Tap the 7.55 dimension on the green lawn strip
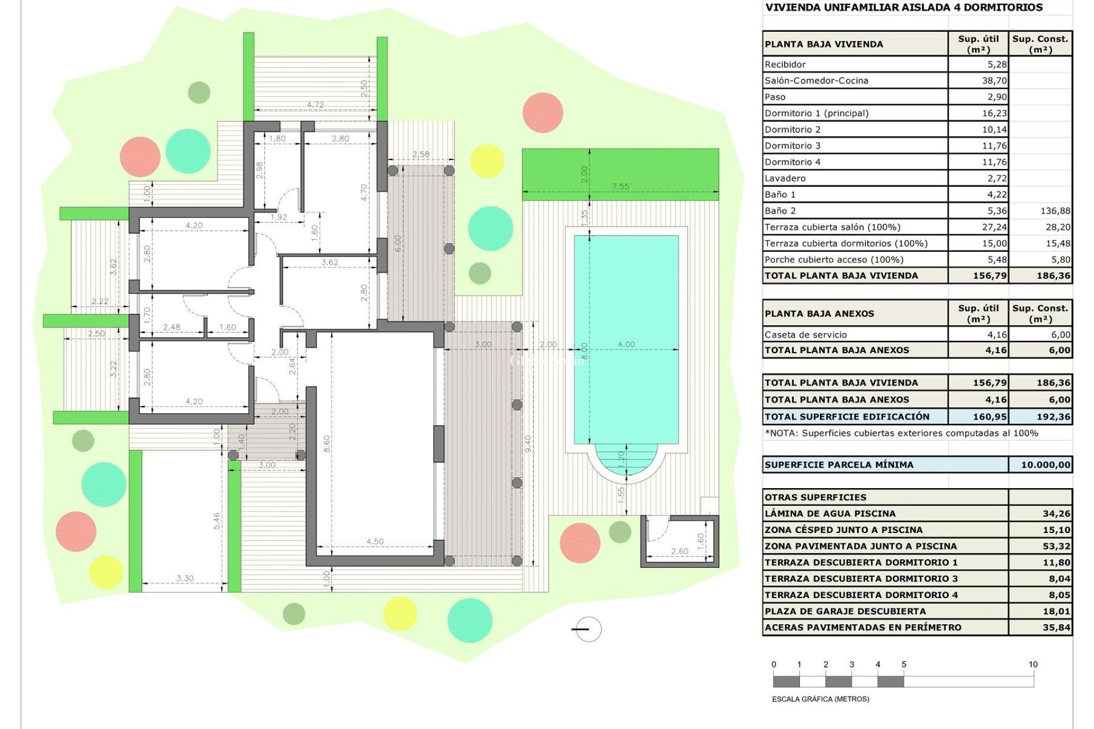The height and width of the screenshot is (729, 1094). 621,186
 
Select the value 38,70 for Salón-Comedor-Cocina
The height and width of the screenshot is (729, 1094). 994,81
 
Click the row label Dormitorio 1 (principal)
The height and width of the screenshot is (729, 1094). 816,113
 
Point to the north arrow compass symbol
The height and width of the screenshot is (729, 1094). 587,629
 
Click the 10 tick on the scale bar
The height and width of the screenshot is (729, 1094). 1033,665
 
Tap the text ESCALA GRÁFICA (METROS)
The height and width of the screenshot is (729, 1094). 820,699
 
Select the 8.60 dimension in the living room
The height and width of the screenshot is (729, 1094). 326,443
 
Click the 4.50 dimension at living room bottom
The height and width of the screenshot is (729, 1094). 375,542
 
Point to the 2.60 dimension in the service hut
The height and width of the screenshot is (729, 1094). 679,551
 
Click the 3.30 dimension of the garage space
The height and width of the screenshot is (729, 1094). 185,578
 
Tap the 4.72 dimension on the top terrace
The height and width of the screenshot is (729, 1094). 315,105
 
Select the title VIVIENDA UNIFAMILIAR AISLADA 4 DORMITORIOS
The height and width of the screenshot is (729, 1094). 904,7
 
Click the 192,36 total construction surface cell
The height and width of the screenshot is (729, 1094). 1053,417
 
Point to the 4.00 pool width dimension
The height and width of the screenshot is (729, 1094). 626,344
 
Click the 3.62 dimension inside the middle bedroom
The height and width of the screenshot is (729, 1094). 329,263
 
